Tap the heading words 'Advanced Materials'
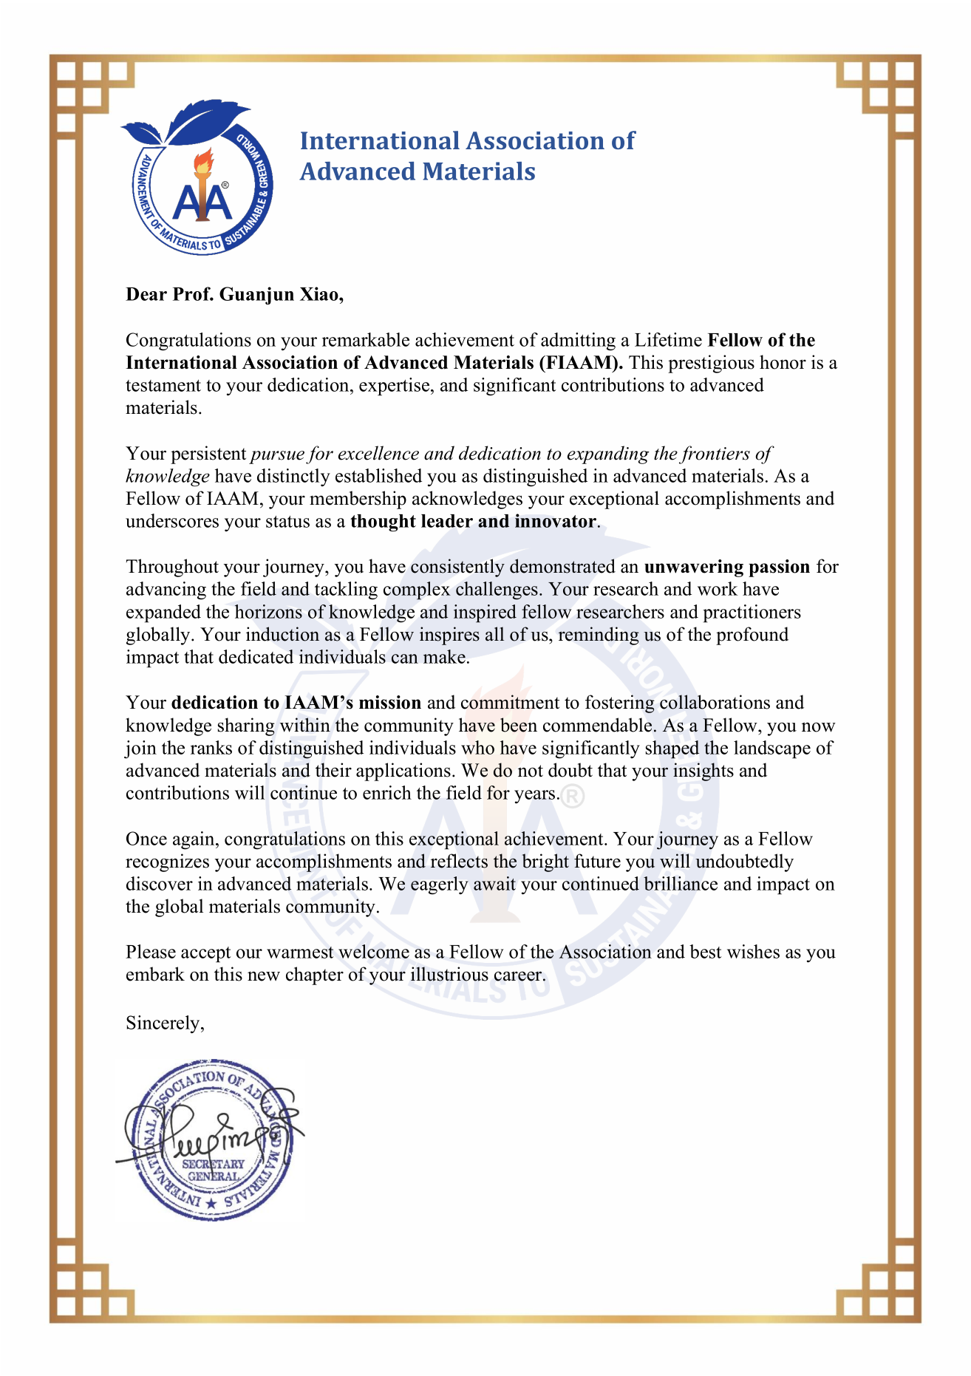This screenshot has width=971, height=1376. click(x=418, y=171)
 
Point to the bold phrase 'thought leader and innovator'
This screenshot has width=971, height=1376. click(x=473, y=522)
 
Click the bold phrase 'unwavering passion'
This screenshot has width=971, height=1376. click(x=727, y=567)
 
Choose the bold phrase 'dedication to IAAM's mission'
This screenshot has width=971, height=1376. click(x=296, y=703)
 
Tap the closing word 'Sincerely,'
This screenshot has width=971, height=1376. click(x=165, y=1023)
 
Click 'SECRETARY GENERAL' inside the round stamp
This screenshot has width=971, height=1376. click(x=213, y=1170)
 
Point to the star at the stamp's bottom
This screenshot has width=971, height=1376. click(x=212, y=1205)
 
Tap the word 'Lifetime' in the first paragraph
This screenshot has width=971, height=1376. click(x=668, y=341)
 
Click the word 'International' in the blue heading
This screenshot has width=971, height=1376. click(x=380, y=141)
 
